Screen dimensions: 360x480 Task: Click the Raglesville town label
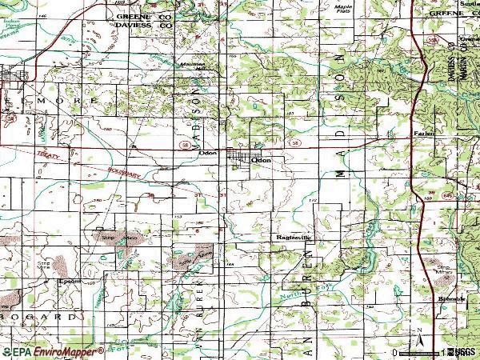coord(293,238)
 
